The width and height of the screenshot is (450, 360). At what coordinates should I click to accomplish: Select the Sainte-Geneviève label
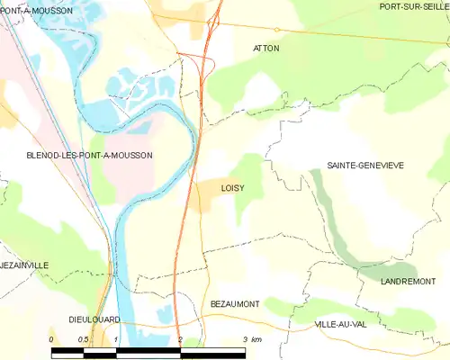[365, 166]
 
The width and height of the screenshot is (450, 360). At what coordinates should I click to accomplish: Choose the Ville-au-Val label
[340, 323]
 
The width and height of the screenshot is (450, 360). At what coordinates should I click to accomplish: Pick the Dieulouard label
[96, 319]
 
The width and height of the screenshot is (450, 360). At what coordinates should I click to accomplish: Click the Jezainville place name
[25, 265]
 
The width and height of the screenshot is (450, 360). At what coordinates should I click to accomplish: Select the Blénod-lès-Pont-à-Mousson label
[76, 156]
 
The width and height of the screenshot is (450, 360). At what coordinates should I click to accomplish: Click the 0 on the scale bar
[51, 339]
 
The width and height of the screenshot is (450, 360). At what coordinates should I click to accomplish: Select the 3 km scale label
[252, 339]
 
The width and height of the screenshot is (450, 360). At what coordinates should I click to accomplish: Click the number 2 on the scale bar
[181, 339]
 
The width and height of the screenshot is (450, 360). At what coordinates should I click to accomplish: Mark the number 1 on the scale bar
[116, 339]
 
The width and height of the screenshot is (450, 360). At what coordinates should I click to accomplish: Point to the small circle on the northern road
[277, 30]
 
